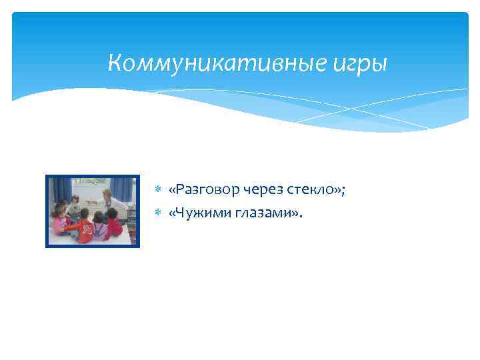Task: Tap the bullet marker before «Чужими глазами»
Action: click(x=159, y=213)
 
